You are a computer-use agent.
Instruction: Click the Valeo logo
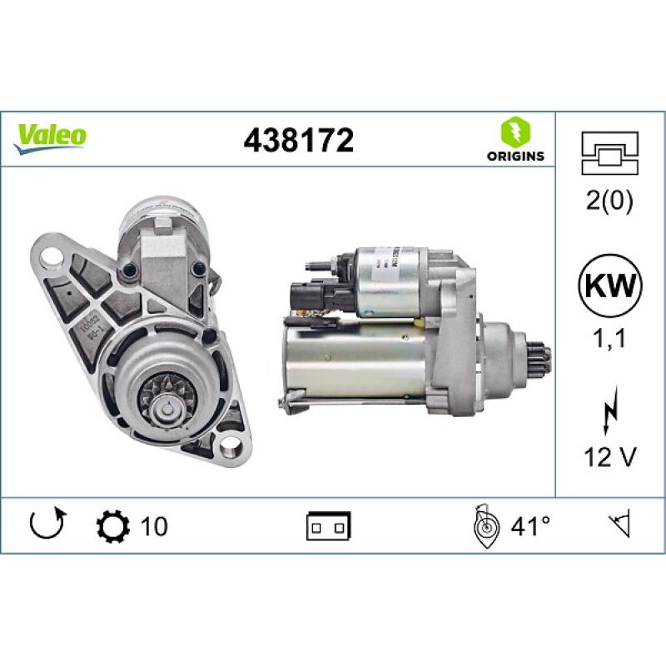50,135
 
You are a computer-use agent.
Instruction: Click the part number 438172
299,140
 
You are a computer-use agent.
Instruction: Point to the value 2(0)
611,202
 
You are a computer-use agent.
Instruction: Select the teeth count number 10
154,526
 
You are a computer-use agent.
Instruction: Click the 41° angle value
530,526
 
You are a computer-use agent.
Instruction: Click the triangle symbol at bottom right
619,525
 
